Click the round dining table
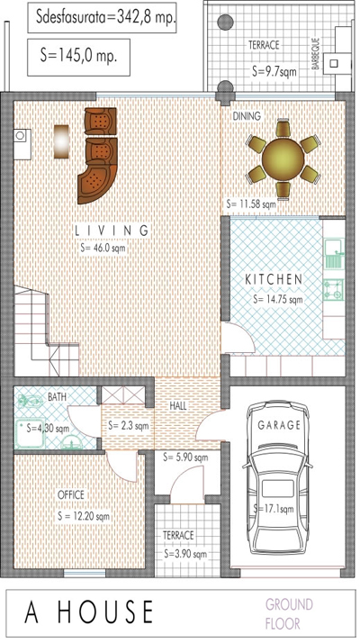[x=283, y=158]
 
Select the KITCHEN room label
[x=274, y=280]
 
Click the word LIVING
[x=112, y=231]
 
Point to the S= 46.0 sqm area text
[x=103, y=248]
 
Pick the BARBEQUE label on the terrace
[x=315, y=53]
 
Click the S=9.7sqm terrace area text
[x=274, y=71]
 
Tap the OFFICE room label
[x=71, y=494]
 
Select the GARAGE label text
[x=279, y=425]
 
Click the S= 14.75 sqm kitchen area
[x=278, y=299]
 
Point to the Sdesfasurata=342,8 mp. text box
[x=102, y=17]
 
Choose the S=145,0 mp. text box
[x=78, y=58]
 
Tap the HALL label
[x=178, y=406]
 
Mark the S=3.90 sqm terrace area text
[x=185, y=554]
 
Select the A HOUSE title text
[x=88, y=612]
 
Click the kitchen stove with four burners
[x=333, y=289]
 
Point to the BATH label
[x=57, y=396]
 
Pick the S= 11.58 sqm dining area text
[x=251, y=204]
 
